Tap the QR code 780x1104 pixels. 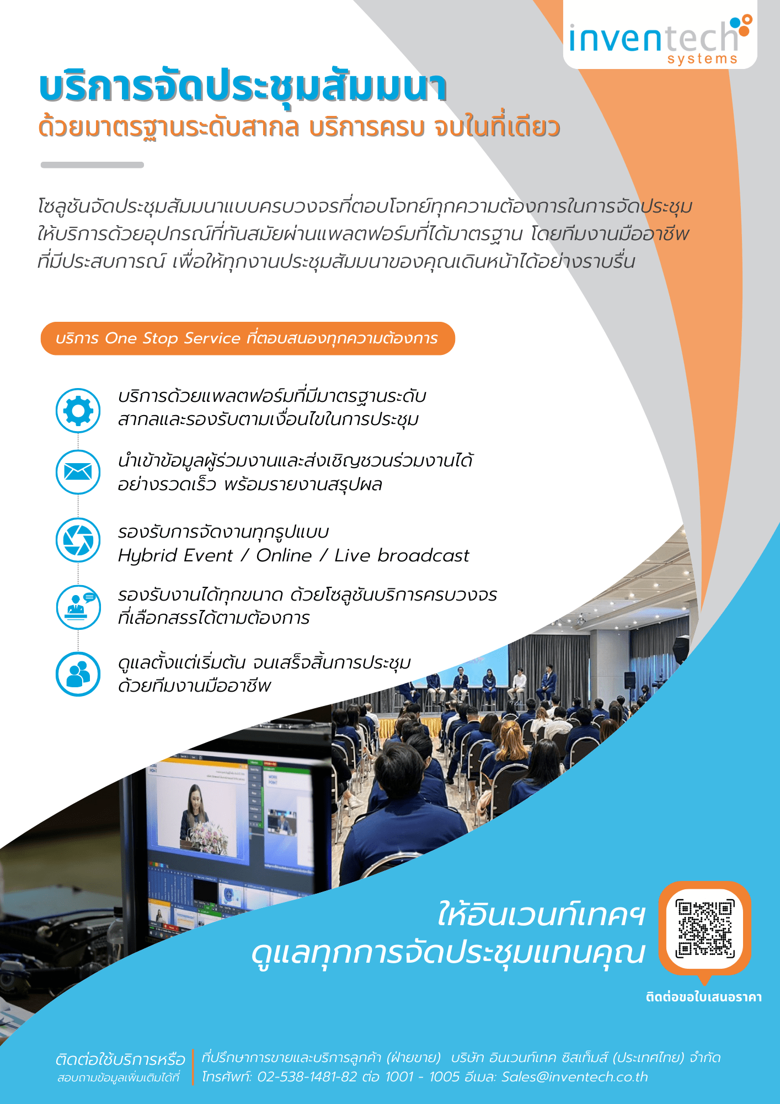coord(704,928)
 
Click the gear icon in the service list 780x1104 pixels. coord(78,410)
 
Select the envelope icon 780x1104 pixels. coord(78,472)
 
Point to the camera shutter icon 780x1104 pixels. coord(78,540)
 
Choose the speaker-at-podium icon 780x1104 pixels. coord(78,607)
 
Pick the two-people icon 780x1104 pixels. coord(78,674)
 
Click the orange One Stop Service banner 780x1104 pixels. coord(248,338)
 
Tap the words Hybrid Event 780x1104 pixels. coord(175,555)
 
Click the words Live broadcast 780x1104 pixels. coord(402,555)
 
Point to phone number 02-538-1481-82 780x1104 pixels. coord(307,1077)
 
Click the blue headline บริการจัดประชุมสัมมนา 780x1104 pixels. coord(243,87)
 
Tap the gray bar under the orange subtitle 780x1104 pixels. coord(92,164)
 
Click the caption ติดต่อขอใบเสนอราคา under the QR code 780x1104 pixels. coord(704,997)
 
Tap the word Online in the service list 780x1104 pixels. coord(284,555)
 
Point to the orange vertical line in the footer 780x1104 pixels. coord(193,1066)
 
